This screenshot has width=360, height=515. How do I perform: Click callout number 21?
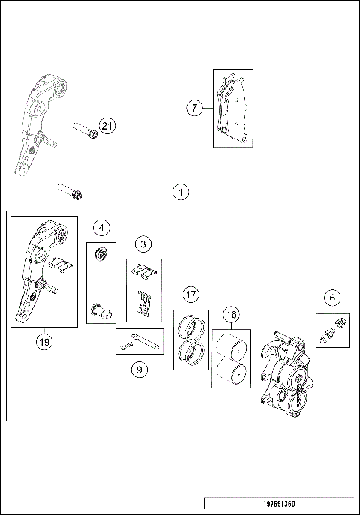click(107, 126)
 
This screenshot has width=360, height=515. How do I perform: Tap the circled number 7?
click(195, 109)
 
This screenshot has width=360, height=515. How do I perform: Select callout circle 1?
click(180, 192)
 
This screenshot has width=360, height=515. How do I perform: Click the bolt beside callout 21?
click(85, 130)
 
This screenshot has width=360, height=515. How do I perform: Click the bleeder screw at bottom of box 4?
click(99, 309)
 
